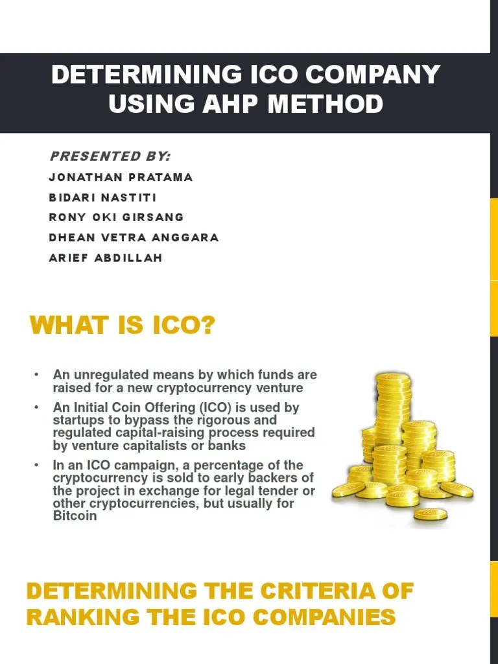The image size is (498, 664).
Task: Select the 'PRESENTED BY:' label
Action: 110,156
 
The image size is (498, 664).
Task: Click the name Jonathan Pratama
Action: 121,177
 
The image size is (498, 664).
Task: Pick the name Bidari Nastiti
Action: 102,197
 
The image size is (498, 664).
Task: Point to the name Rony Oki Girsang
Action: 117,217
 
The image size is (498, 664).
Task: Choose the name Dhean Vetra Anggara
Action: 134,237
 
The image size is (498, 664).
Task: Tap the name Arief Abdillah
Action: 106,257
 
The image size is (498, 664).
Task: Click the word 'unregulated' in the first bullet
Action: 106,375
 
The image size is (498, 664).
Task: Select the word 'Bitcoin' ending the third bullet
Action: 75,516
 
